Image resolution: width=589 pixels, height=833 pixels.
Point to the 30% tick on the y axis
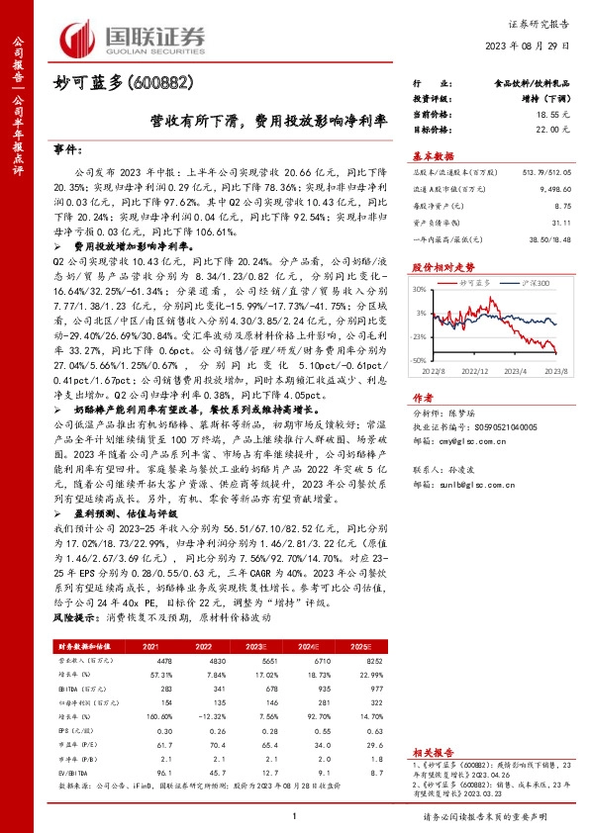tap(420, 290)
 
